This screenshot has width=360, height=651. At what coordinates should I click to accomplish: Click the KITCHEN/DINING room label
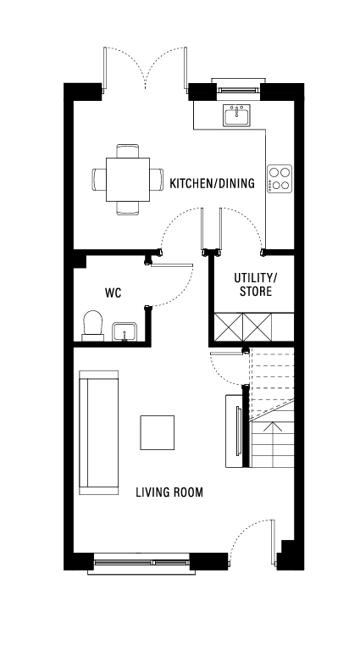(x=212, y=183)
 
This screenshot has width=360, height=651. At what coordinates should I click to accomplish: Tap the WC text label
(x=113, y=292)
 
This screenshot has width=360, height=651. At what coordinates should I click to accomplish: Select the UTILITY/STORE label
(x=255, y=285)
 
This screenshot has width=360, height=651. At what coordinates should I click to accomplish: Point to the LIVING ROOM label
(x=169, y=492)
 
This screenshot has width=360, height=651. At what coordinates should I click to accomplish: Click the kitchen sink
(x=235, y=115)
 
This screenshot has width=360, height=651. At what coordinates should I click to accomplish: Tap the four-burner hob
(x=279, y=178)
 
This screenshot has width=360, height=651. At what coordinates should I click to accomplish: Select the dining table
(x=128, y=179)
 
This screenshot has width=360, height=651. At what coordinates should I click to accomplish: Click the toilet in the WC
(x=93, y=325)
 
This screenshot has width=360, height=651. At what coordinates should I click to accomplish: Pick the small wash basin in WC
(x=125, y=332)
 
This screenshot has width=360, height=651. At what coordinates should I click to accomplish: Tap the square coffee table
(x=158, y=433)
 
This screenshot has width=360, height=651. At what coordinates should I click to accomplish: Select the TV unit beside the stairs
(x=234, y=430)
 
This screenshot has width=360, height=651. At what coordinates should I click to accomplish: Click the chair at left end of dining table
(x=99, y=179)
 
